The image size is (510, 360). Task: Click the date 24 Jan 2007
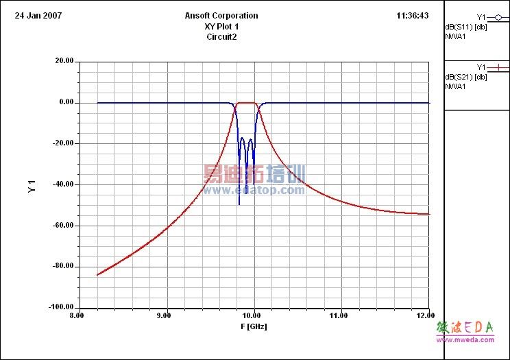click(x=38, y=15)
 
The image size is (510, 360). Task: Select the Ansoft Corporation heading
click(x=221, y=15)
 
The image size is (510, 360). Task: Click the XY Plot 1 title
click(x=221, y=26)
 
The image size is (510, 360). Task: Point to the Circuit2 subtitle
click(x=221, y=37)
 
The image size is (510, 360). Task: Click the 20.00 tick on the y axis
click(x=64, y=61)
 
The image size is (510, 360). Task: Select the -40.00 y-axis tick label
click(x=63, y=184)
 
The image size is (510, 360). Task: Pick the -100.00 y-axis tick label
click(x=62, y=307)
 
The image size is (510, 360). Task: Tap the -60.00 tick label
click(x=63, y=226)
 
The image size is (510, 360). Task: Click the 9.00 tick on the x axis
click(x=165, y=315)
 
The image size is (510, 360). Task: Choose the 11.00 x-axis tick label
click(x=339, y=315)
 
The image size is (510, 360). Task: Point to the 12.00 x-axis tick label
click(x=425, y=315)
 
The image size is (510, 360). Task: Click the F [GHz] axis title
click(x=254, y=326)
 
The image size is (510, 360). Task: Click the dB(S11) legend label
click(x=466, y=27)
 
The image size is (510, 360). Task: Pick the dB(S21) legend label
click(x=466, y=77)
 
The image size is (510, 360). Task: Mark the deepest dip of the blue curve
click(x=239, y=204)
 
